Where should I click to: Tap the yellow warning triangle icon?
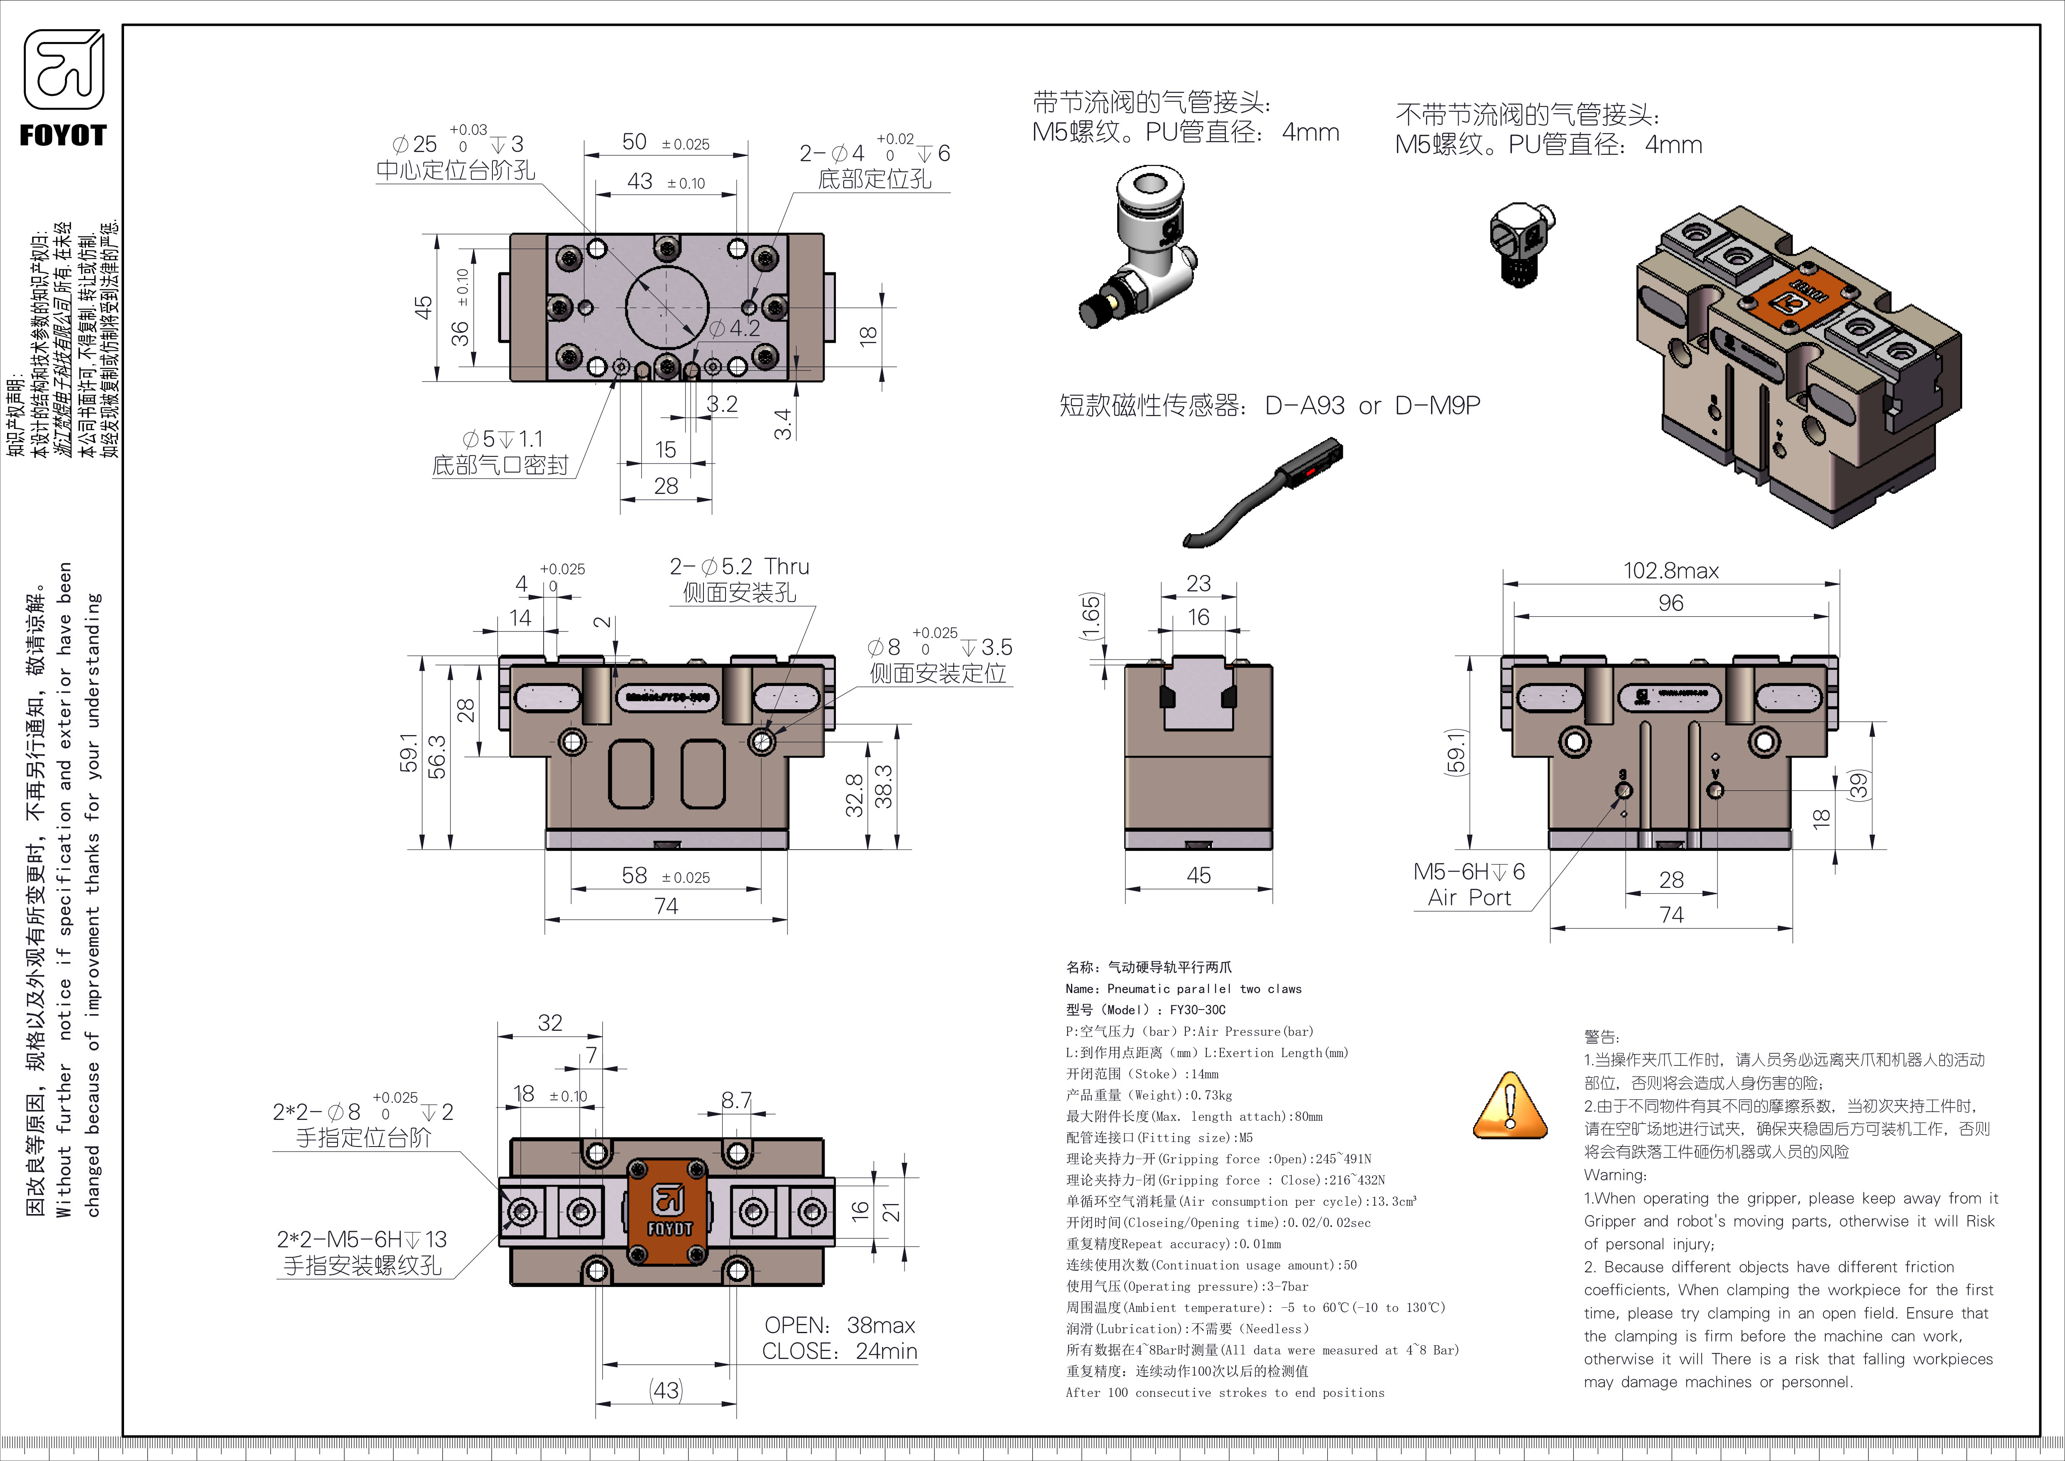tap(1510, 1107)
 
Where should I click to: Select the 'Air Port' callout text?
tap(1469, 898)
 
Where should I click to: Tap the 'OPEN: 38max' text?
tap(839, 1325)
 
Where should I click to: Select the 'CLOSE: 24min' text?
tap(839, 1351)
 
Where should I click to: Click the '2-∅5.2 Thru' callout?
tap(739, 567)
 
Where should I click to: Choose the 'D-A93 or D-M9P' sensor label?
tap(1372, 406)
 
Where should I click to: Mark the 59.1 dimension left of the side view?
tap(409, 752)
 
